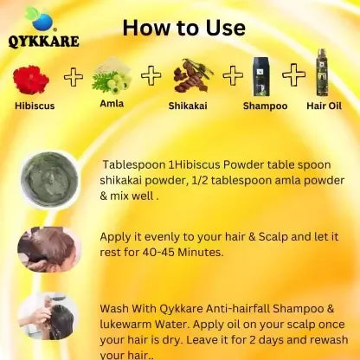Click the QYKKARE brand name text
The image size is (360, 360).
coord(43,41)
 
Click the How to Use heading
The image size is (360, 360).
coord(184,28)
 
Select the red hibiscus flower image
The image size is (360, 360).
coord(31,80)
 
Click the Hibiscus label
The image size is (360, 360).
coord(35,106)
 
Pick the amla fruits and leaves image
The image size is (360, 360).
coord(112,76)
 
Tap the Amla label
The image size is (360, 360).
coord(112,103)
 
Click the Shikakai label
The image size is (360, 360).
coord(188,106)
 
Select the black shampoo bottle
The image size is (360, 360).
coord(261,77)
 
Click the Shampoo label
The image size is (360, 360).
coord(265,106)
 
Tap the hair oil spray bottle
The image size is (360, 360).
coord(322,72)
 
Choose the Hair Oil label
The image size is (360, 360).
coord(324,106)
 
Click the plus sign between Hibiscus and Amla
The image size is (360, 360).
coord(74,77)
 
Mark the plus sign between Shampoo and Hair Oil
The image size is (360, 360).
coord(293,75)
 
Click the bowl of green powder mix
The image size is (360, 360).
coord(49,179)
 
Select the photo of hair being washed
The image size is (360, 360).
coord(48,317)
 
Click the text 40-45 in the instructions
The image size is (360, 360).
coord(158,253)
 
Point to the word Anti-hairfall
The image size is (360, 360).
coord(238,309)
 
